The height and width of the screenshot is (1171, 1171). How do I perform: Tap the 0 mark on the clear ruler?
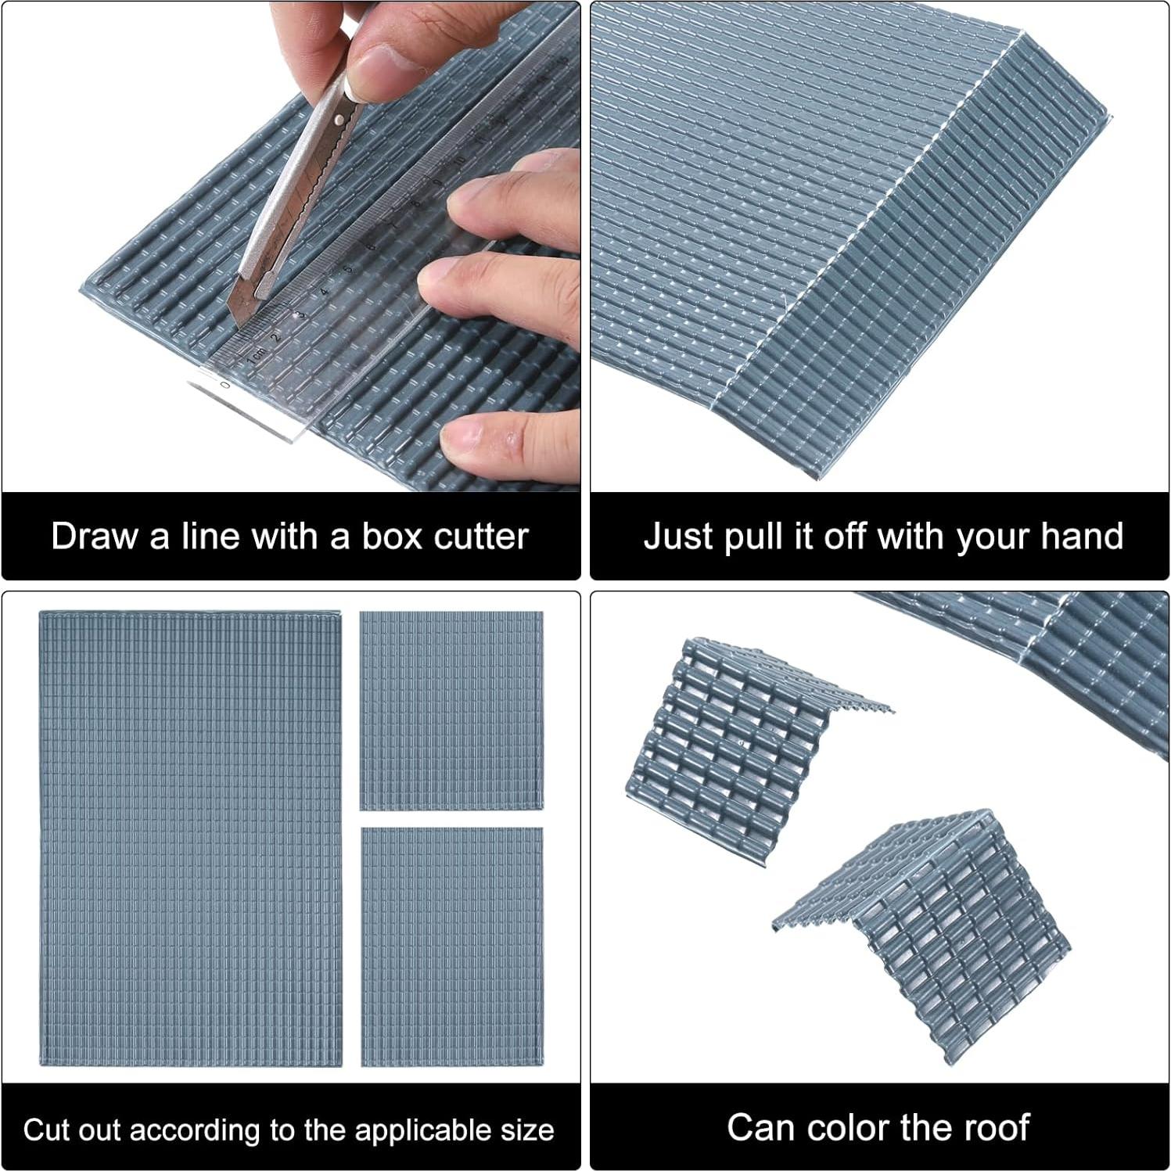[225, 385]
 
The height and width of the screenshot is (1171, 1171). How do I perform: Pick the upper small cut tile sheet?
[451, 710]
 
